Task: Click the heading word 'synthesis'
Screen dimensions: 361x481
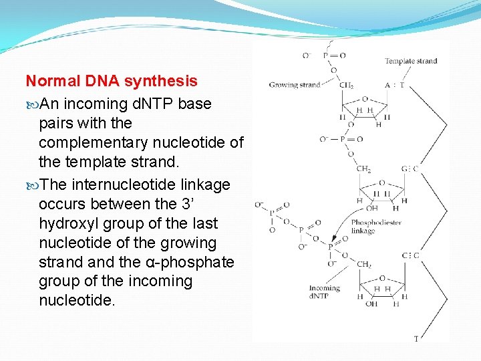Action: point(166,82)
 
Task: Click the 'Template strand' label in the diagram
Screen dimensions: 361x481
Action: point(410,62)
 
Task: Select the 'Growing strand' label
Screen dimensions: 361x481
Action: point(295,85)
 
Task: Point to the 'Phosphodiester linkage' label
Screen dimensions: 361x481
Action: point(375,227)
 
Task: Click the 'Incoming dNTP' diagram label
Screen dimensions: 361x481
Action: point(324,292)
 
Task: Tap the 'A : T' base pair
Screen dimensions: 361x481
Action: point(394,85)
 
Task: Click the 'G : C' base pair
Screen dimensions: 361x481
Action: point(410,169)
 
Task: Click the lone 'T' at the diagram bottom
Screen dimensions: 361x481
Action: point(416,339)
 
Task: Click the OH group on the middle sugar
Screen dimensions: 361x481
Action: point(371,209)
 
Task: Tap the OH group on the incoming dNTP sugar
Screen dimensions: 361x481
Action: point(371,304)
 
